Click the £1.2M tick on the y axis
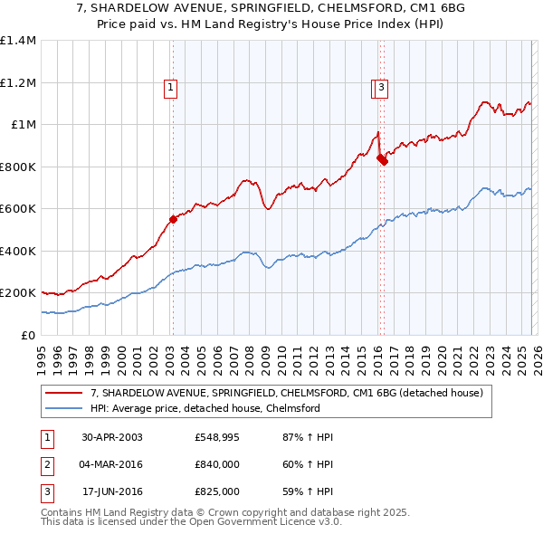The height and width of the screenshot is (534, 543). [x=18, y=82]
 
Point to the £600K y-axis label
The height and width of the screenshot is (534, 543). [x=18, y=208]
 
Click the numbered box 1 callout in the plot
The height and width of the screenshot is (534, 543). [x=170, y=88]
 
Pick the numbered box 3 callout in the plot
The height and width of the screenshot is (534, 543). [x=382, y=88]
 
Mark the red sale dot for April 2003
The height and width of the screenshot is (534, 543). [x=173, y=219]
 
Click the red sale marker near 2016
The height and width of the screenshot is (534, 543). [x=382, y=160]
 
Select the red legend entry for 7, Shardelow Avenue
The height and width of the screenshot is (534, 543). [x=287, y=393]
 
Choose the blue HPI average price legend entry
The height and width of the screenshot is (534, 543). [x=205, y=408]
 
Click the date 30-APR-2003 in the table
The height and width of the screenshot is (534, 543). [x=111, y=437]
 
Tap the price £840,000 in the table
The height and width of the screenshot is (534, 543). [x=216, y=464]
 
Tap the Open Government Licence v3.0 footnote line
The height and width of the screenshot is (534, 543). [x=191, y=522]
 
